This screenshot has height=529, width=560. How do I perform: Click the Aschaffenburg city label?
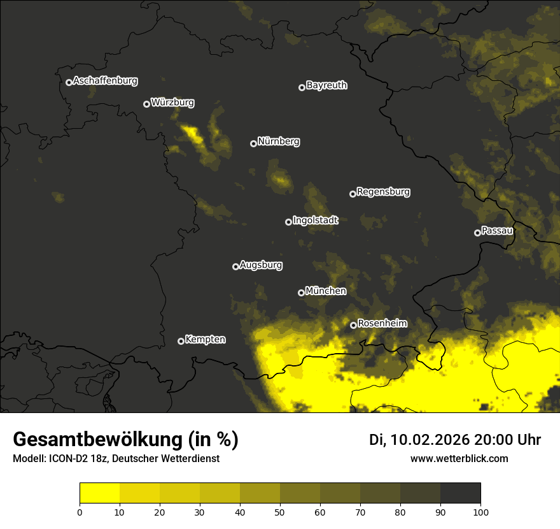105,81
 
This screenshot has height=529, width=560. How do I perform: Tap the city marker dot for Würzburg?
146,104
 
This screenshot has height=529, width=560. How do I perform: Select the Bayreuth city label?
326,85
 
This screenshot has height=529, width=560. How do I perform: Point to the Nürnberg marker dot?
253,143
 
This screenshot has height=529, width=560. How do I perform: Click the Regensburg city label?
383,192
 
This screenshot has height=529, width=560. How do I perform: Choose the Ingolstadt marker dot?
288,222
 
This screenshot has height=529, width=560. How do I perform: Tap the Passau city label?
497,231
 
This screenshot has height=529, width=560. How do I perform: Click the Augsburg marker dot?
235,266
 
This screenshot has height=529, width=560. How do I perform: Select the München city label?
326,291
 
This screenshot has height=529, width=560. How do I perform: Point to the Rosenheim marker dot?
353,325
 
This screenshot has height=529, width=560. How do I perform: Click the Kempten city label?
205,340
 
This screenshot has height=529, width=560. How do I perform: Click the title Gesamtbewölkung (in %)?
125,440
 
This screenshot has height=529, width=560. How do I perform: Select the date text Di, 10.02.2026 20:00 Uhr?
455,440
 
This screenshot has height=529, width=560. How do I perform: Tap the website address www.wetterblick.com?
459,458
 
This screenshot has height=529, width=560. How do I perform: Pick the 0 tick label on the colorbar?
80,511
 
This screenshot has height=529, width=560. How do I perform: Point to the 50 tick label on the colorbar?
280,511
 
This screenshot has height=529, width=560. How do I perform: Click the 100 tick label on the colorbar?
480,511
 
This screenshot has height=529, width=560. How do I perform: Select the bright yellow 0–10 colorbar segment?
99,493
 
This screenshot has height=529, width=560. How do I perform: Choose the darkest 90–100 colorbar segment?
460,493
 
